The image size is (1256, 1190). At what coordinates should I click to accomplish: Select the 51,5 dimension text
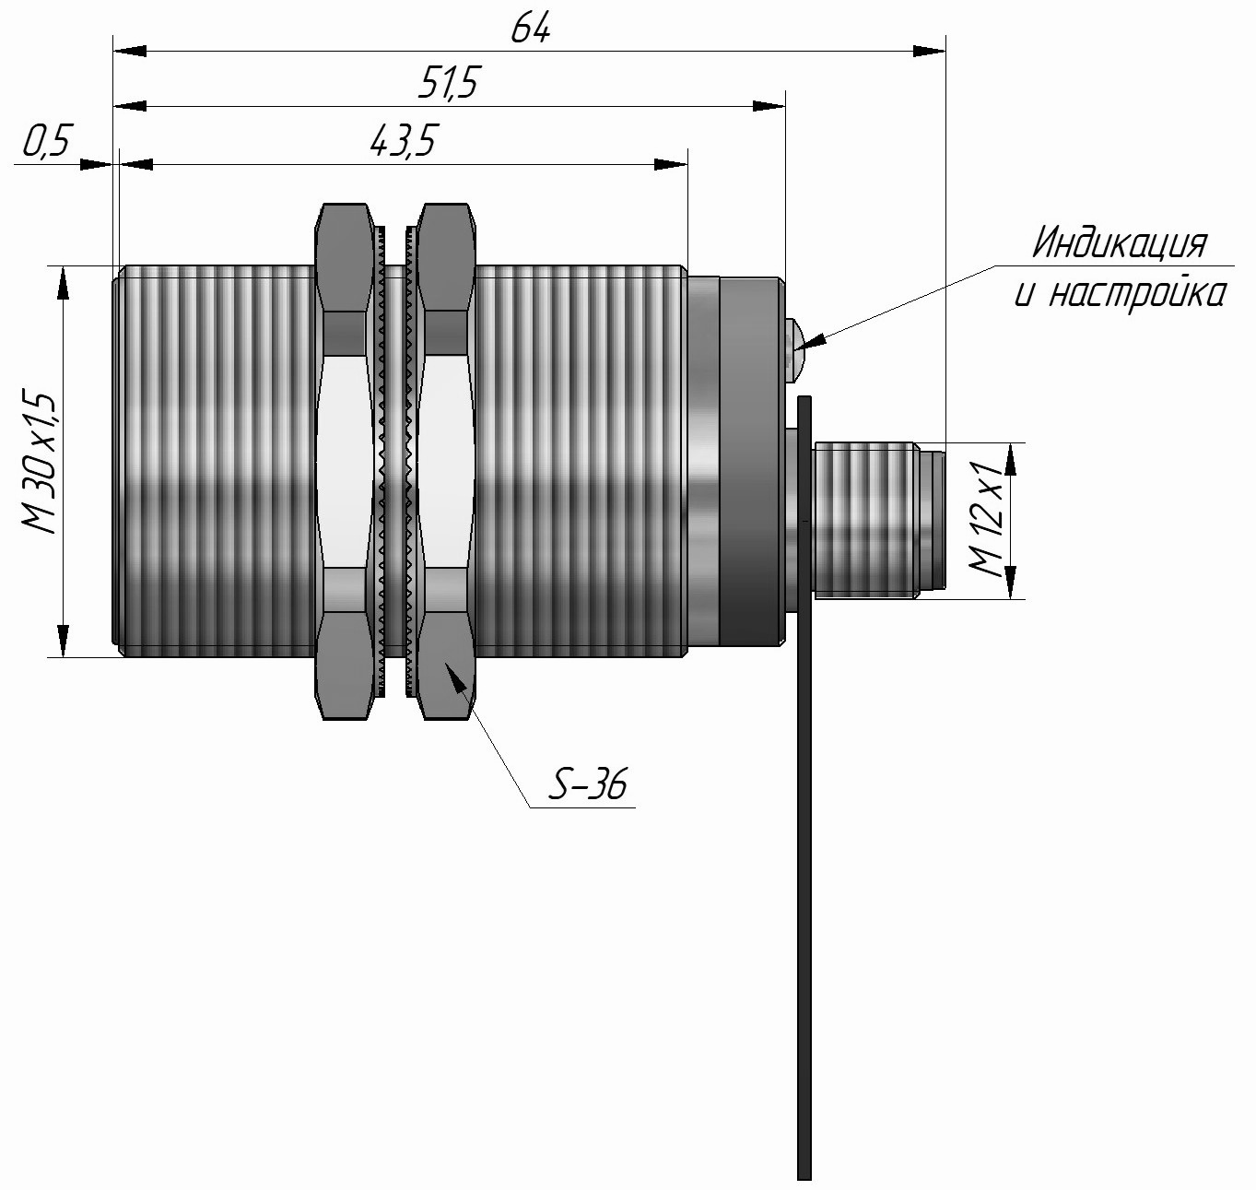(x=448, y=83)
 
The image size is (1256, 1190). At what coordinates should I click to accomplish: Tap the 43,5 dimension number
(x=403, y=141)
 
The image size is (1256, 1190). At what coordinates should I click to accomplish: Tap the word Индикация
(x=1120, y=242)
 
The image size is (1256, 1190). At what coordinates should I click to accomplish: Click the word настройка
(x=1138, y=295)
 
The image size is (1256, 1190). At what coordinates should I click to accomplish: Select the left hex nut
(x=345, y=462)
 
